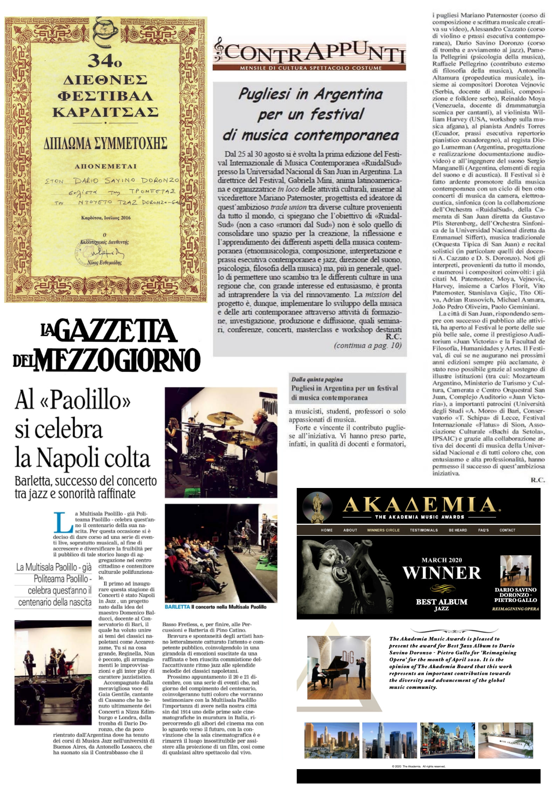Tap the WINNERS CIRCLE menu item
(383, 530)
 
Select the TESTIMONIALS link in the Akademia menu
(424, 530)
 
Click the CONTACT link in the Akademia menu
(507, 530)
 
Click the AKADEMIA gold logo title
(420, 505)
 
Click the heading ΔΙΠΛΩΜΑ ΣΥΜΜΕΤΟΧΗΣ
(105, 144)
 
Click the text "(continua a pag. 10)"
(368, 345)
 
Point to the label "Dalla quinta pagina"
(317, 379)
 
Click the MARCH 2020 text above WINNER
(441, 560)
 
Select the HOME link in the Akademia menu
(327, 530)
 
